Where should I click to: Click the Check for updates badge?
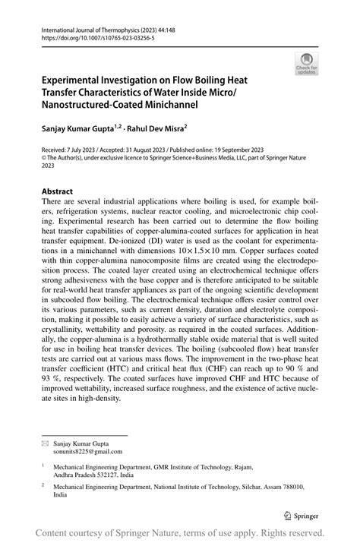[307, 63]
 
